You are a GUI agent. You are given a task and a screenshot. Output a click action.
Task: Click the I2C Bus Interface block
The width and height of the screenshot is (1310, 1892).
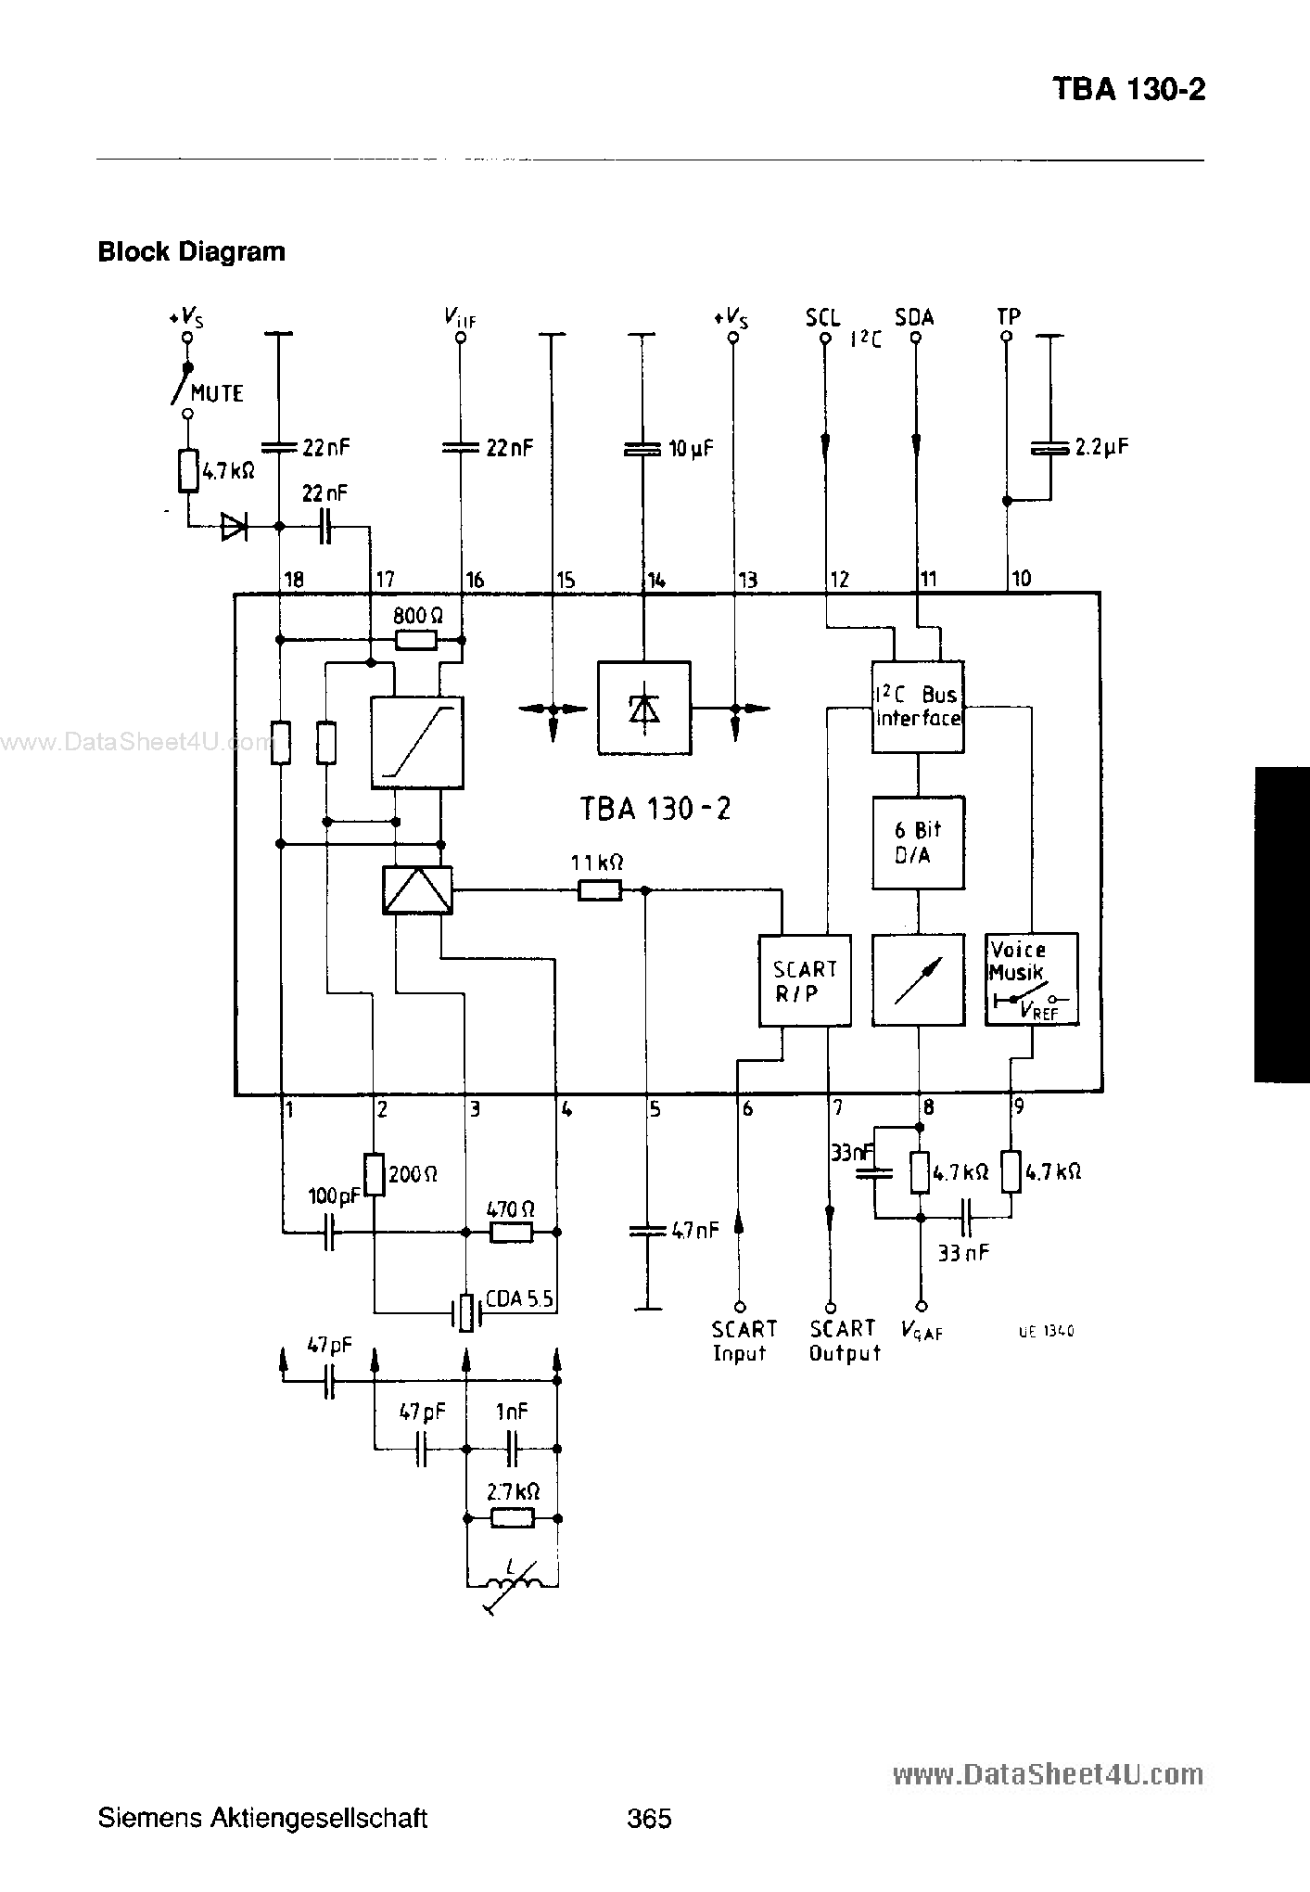click(918, 707)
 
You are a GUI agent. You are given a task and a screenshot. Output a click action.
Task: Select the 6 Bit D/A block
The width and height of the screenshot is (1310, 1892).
click(918, 843)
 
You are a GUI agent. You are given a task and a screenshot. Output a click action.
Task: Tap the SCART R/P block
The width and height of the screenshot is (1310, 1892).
click(805, 980)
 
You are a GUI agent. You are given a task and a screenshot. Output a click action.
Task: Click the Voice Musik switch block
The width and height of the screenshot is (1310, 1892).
click(1031, 979)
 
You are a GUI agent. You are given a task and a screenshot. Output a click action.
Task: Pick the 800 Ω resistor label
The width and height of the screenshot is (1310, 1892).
click(418, 616)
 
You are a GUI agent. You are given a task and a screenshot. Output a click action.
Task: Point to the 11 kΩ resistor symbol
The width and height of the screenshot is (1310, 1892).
click(600, 890)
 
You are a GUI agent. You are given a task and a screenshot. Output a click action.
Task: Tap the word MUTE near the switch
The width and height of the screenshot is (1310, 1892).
click(218, 394)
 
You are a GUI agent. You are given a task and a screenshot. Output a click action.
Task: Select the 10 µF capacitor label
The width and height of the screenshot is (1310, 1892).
click(691, 449)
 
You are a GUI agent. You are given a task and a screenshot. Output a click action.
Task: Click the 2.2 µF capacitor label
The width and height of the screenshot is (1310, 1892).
click(1101, 447)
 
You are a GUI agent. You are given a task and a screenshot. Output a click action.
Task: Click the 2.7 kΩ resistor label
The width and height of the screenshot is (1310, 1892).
click(513, 1492)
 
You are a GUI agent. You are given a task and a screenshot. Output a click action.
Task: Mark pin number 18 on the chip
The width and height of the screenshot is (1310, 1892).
click(294, 581)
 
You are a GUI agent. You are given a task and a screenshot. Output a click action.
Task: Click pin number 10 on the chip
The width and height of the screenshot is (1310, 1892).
click(1021, 579)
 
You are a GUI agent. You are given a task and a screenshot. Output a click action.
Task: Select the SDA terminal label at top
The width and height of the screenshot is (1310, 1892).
click(914, 317)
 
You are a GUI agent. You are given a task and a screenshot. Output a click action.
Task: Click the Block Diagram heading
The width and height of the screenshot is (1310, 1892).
click(192, 252)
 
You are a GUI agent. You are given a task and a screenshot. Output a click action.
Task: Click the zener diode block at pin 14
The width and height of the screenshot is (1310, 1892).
click(643, 709)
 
